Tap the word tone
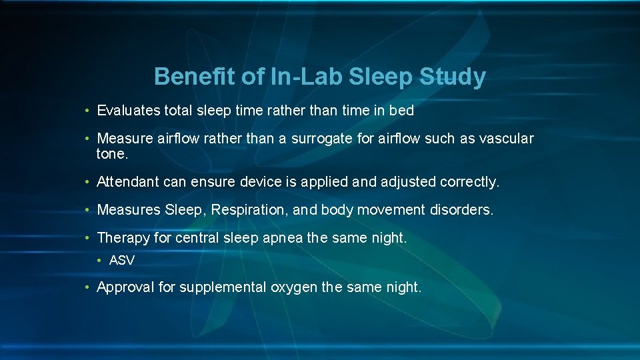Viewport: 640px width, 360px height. (111, 154)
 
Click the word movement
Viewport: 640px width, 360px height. (391, 210)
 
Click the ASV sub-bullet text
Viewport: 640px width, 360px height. (121, 261)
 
